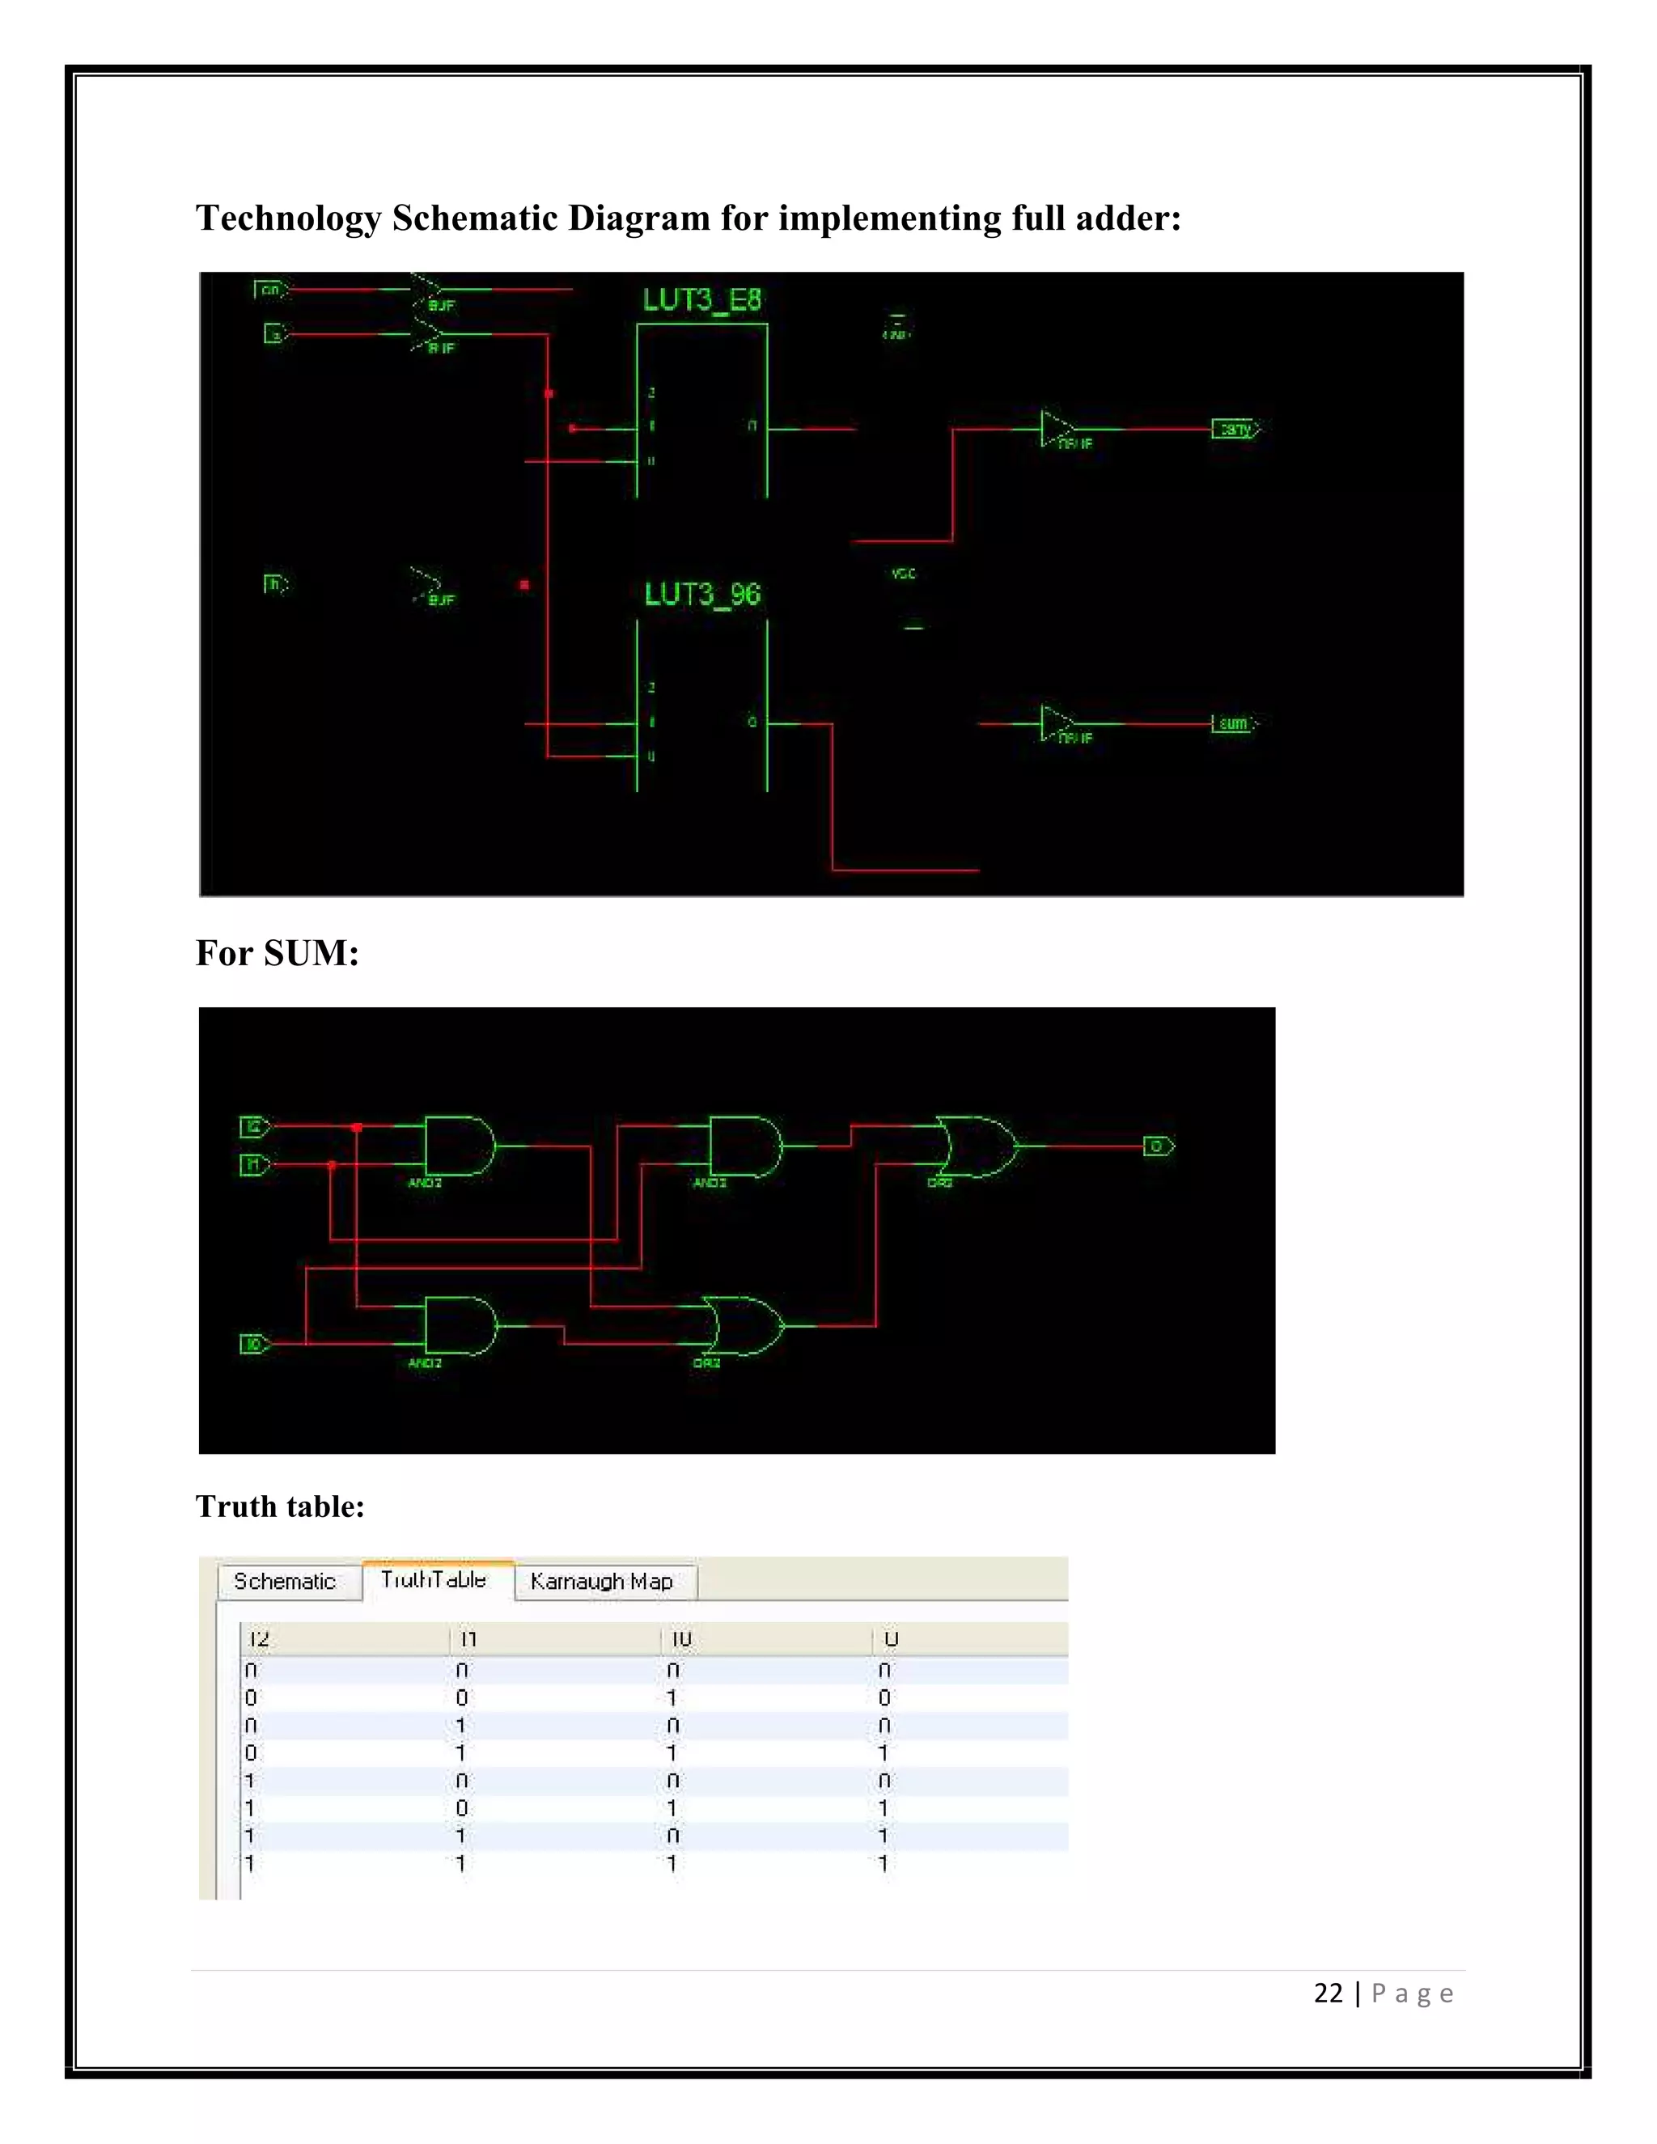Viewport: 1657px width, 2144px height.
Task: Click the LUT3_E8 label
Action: pos(701,300)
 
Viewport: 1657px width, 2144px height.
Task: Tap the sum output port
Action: pos(1234,723)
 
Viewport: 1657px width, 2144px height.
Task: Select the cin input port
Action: pos(270,290)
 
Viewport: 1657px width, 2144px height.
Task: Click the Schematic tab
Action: pos(285,1582)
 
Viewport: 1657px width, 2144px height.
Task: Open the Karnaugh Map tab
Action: pos(601,1582)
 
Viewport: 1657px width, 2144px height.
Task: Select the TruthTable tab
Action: pos(434,1579)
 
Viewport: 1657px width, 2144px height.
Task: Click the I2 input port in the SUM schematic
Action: pos(254,1127)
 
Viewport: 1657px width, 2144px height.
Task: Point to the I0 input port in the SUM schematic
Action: pos(253,1344)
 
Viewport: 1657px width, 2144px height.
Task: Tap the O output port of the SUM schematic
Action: pos(1157,1146)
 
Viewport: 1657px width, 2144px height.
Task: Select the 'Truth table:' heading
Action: pos(280,1506)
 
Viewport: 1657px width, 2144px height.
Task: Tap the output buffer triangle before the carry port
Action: pos(1057,429)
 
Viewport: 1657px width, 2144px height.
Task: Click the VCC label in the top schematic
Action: pos(904,574)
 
